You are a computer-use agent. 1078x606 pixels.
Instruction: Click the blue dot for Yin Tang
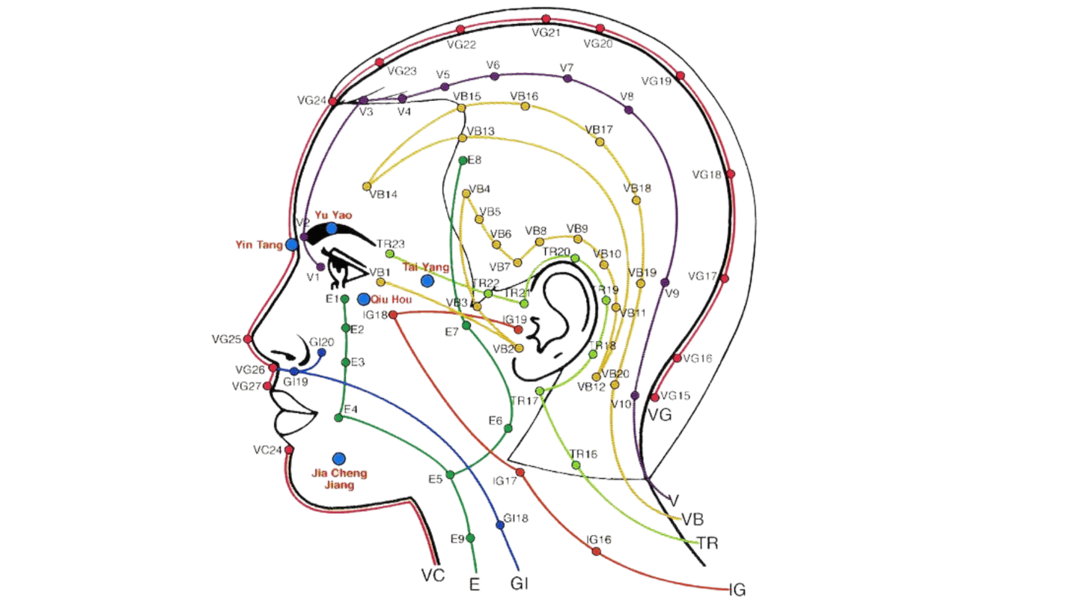pos(292,244)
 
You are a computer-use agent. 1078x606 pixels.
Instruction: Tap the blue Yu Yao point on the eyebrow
pos(332,228)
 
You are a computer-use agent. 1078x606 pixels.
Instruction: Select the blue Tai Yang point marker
pos(427,281)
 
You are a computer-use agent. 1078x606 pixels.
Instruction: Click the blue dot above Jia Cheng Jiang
pos(339,458)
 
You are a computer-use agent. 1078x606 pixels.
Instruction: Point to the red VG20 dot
pos(600,28)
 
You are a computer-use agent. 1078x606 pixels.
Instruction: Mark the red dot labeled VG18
pos(731,174)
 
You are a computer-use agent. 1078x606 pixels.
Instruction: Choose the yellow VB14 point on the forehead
pos(367,186)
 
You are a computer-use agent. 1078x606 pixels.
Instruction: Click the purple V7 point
pos(567,78)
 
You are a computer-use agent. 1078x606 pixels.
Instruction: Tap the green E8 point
pos(463,160)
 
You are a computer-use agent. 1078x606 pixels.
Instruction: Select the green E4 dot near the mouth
pos(339,417)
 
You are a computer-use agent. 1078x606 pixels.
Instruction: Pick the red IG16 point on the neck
pos(596,551)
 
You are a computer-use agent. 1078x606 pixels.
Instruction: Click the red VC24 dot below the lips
pos(289,450)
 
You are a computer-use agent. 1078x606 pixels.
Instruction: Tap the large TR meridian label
pos(707,543)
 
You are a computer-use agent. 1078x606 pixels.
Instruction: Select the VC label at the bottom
pos(433,575)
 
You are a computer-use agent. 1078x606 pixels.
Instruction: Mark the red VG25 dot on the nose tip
pos(248,339)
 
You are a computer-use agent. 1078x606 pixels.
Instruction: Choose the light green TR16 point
pos(576,465)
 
